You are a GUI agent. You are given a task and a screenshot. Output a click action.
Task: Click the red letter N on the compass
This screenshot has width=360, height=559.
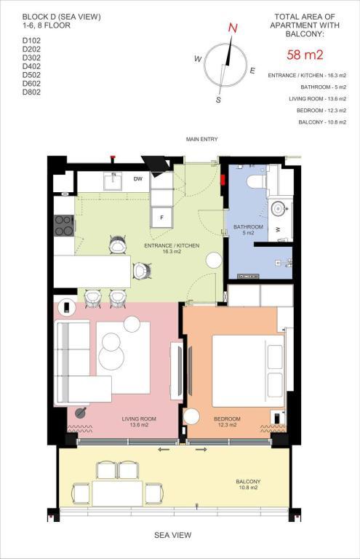tap(233, 28)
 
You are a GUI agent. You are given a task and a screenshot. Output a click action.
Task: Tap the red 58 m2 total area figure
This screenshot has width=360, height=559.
tap(305, 55)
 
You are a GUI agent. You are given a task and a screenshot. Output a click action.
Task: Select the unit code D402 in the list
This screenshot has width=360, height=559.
tap(31, 66)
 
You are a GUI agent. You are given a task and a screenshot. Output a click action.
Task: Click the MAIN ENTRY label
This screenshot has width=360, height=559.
tap(201, 139)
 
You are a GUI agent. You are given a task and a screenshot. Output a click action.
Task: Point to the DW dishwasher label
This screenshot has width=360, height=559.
tap(138, 178)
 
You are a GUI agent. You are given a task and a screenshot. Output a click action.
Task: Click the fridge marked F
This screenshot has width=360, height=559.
tap(161, 218)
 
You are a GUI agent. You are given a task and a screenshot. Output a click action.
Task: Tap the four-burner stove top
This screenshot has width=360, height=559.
tap(64, 226)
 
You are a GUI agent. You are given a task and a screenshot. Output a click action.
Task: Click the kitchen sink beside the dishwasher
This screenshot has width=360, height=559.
tap(113, 181)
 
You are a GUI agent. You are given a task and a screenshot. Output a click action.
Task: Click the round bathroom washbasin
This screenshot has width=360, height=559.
tap(278, 209)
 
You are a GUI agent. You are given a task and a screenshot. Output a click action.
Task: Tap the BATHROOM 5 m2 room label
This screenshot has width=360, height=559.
tap(248, 229)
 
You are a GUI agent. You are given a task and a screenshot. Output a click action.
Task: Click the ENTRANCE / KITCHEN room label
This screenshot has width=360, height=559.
tap(172, 248)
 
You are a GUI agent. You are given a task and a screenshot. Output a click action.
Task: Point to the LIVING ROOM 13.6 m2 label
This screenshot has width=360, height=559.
tap(139, 421)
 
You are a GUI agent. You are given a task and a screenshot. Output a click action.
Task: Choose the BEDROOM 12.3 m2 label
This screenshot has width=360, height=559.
tap(227, 421)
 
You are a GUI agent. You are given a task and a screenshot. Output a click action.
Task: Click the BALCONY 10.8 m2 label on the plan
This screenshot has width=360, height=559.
tap(248, 485)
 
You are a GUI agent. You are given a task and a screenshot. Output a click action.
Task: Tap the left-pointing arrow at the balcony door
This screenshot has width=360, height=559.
tap(164, 450)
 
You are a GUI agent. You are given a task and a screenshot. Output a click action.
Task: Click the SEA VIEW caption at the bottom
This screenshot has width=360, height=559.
tap(172, 535)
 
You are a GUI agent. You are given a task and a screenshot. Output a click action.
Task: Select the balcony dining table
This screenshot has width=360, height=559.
tap(118, 493)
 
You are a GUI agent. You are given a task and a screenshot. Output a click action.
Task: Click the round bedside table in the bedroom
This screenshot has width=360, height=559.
tap(191, 417)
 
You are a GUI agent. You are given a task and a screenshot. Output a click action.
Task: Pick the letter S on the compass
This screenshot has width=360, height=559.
tap(218, 100)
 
